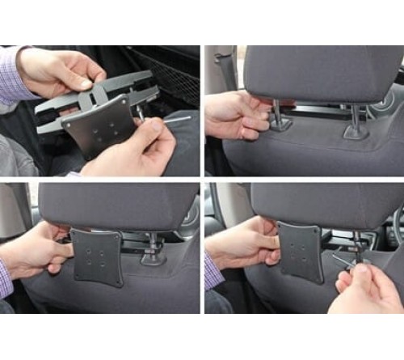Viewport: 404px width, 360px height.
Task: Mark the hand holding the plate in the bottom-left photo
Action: tap(36, 251)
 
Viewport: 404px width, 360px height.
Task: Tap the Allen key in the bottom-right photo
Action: tap(343, 260)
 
